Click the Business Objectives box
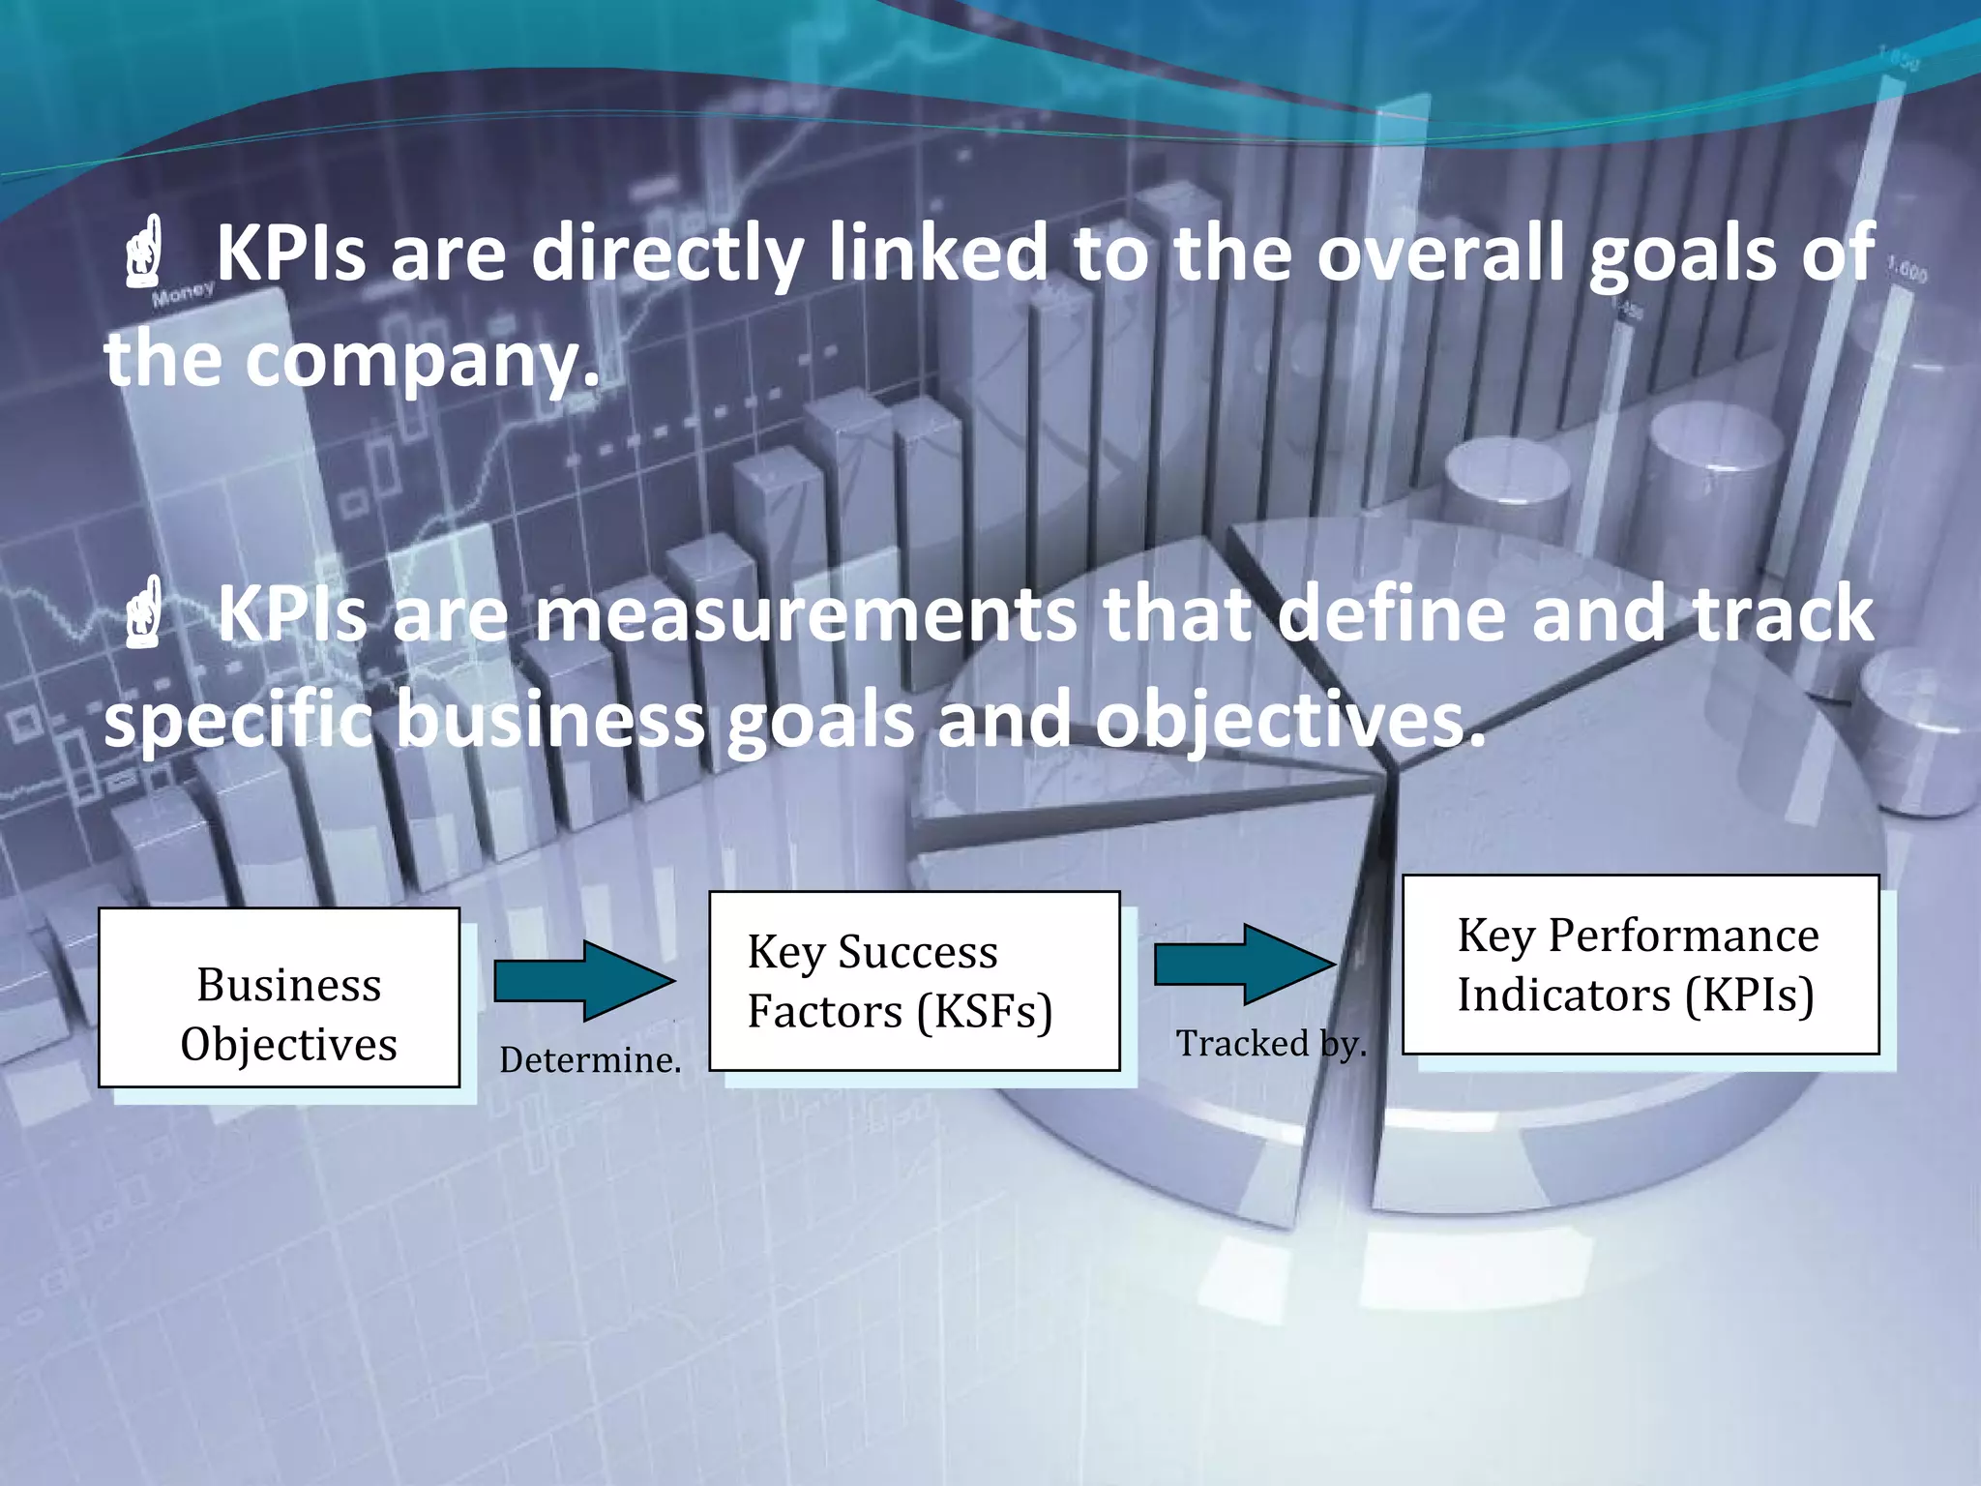click(279, 996)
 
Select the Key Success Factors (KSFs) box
click(914, 980)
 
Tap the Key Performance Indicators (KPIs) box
click(1640, 965)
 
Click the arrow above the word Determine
click(584, 980)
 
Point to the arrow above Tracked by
click(1245, 964)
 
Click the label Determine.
click(590, 1060)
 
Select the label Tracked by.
click(1271, 1043)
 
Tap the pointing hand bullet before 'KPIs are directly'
click(144, 253)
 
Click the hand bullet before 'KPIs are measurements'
click(144, 612)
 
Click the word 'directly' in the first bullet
click(667, 253)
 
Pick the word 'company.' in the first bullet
click(424, 360)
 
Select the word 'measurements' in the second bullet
click(806, 614)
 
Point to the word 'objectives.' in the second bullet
click(1289, 721)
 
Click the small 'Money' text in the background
click(183, 293)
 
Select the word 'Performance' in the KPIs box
click(1683, 936)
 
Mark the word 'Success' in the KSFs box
click(918, 952)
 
